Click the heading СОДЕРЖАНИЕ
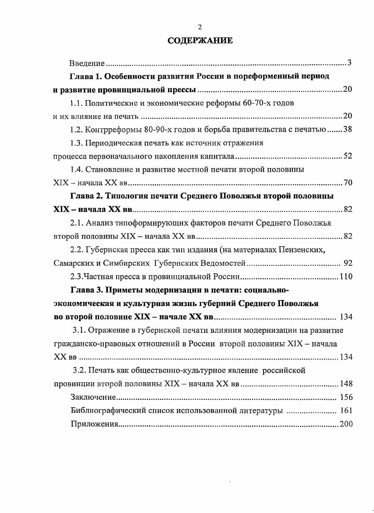click(200, 41)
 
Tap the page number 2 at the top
click(200, 27)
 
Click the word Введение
click(87, 63)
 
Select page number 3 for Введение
click(349, 63)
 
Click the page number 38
click(347, 129)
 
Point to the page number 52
click(347, 156)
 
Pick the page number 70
click(347, 183)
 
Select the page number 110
click(346, 276)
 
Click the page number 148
click(346, 384)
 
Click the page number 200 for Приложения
click(346, 425)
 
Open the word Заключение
click(93, 397)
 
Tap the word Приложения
click(95, 425)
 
